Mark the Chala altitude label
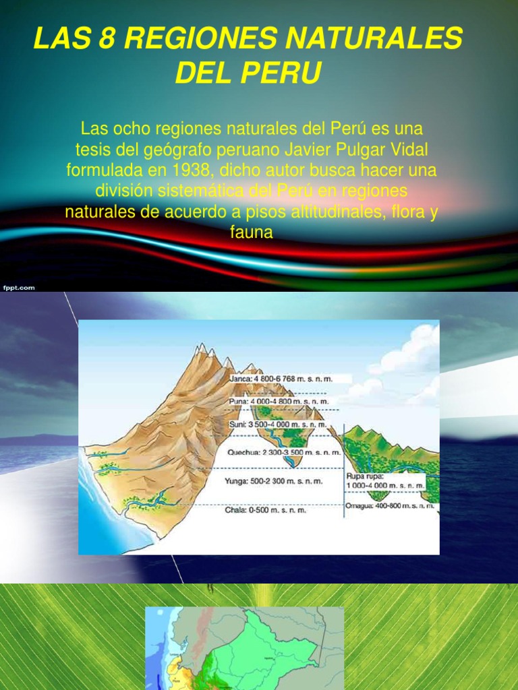(x=265, y=510)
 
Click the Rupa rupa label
(x=386, y=480)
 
